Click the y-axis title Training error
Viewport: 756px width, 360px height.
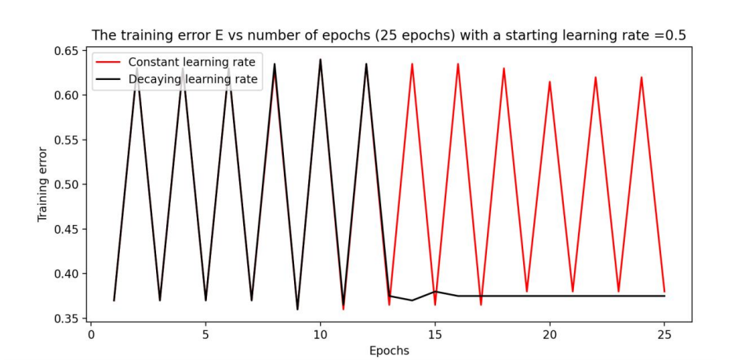[x=42, y=184]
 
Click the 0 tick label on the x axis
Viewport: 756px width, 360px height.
[x=91, y=333]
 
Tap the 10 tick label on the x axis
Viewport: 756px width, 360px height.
[x=320, y=333]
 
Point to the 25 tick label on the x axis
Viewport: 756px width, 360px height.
[x=664, y=333]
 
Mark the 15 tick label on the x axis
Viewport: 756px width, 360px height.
[x=434, y=333]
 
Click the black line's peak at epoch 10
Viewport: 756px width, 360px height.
[x=320, y=60]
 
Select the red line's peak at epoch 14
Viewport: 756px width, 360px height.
[x=412, y=64]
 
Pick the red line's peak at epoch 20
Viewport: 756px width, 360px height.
[x=550, y=82]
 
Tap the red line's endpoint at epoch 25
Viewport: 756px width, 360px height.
[x=664, y=292]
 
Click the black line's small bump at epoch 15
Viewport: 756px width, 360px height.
[x=434, y=292]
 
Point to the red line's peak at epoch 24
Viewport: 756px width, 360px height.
[x=642, y=78]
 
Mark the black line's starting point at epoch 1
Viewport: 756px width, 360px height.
[x=114, y=300]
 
